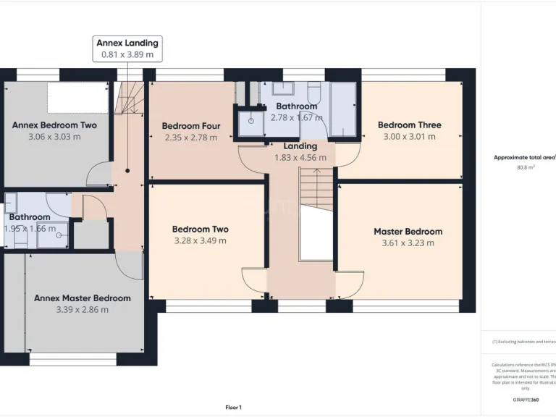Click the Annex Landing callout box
pyautogui.click(x=129, y=49)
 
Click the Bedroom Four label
pyautogui.click(x=191, y=126)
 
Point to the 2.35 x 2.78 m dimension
pyautogui.click(x=191, y=138)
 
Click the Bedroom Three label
pyautogui.click(x=409, y=125)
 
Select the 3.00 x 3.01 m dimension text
pyautogui.click(x=409, y=136)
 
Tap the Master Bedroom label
pyautogui.click(x=408, y=232)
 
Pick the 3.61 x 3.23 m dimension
pyautogui.click(x=408, y=243)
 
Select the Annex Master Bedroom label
pyautogui.click(x=83, y=298)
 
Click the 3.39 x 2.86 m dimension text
pyautogui.click(x=83, y=310)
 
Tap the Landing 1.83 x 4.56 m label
pyautogui.click(x=300, y=152)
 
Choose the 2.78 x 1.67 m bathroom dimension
pyautogui.click(x=296, y=117)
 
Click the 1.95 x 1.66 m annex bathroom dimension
pyautogui.click(x=30, y=229)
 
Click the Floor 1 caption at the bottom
pyautogui.click(x=233, y=408)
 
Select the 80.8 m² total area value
pyautogui.click(x=525, y=167)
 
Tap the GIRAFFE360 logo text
pyautogui.click(x=525, y=400)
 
